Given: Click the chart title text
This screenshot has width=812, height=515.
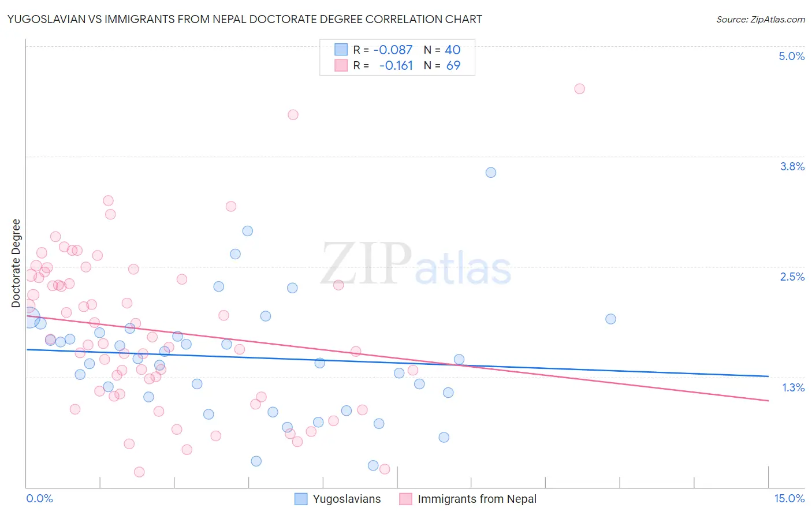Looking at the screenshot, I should coord(244,19).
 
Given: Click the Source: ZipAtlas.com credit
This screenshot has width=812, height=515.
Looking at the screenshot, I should coord(760,19).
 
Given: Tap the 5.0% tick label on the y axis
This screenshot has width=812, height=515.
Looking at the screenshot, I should coord(791,56).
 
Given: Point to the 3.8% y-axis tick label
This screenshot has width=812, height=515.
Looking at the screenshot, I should coord(792,166).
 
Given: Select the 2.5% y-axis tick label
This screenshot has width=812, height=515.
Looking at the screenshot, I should coord(792,277).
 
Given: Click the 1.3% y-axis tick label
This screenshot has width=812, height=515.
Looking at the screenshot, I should coord(793,387).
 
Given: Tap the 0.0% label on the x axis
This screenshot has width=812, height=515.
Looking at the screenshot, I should coord(39,498).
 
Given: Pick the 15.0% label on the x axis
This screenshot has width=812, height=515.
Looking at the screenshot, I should coord(789,498).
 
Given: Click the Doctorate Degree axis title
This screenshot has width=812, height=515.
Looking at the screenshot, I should coord(16,263).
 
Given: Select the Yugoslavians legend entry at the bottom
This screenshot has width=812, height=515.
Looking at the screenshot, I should coord(338,499).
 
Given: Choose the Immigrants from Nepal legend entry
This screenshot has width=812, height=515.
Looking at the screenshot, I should coord(468,499).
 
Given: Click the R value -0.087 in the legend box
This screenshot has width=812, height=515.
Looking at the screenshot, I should coord(393,50).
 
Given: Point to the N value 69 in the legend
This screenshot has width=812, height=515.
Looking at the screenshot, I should coord(453,66).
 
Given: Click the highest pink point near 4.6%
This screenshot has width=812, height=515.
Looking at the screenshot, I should coord(579,89).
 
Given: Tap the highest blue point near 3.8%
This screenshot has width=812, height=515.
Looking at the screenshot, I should coord(491,173).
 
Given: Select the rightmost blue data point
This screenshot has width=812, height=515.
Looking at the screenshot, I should coord(610,319).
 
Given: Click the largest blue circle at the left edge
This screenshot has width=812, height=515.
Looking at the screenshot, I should coord(30,318).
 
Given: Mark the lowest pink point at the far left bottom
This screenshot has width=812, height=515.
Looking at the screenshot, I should coord(139,472).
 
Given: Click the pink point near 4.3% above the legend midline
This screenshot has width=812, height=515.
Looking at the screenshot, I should coord(293,115).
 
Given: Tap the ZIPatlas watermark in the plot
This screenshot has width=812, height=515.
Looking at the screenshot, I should coord(416,264).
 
